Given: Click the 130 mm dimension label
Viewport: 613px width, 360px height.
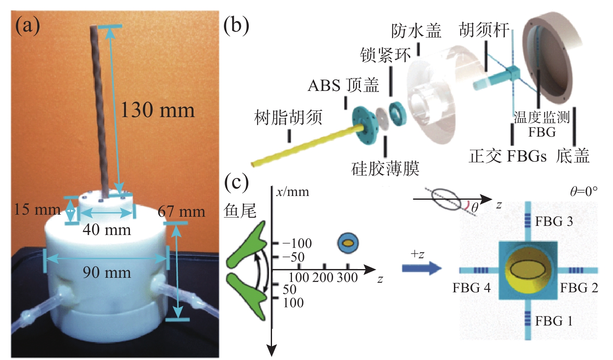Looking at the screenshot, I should [157, 110].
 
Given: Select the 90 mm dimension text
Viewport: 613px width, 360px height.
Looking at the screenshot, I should [107, 272].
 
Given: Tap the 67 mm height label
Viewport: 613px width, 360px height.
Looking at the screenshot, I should [181, 212].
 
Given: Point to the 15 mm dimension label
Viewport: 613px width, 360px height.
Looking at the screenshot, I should [37, 209].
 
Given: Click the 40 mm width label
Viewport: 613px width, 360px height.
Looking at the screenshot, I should [107, 230].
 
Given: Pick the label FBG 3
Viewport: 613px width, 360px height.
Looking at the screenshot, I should [554, 222].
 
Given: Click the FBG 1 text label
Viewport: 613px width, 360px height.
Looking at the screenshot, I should [554, 321].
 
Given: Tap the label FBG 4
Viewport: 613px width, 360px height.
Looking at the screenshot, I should [471, 288].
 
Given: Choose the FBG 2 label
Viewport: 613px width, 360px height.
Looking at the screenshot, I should [579, 288].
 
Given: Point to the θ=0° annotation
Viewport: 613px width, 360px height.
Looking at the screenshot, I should [584, 191].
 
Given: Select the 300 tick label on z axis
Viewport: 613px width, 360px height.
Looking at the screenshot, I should [347, 277].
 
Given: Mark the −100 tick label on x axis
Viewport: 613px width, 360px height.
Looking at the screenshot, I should [297, 243].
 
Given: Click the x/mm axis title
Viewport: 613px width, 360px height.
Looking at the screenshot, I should [293, 192].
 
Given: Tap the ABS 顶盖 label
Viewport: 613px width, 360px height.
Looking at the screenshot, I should [343, 86].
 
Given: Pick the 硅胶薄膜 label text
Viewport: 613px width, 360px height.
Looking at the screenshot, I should [385, 169].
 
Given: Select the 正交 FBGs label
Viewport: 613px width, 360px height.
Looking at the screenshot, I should [508, 156].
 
